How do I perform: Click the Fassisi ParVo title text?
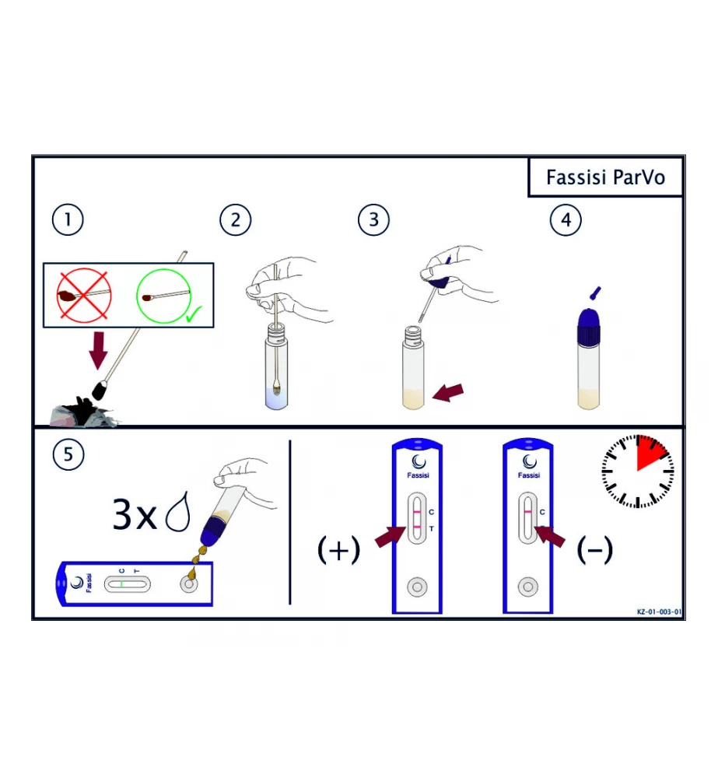click(x=605, y=177)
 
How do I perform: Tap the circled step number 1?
click(x=68, y=220)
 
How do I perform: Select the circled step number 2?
click(x=236, y=220)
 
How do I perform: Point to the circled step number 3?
click(x=373, y=220)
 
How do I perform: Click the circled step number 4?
click(x=566, y=220)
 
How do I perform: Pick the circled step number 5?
click(x=68, y=454)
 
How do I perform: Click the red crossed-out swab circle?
click(x=83, y=296)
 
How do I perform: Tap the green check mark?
click(x=194, y=314)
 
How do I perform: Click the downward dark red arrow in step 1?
click(x=98, y=351)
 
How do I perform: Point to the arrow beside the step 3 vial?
click(x=448, y=392)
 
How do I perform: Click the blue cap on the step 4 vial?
click(x=589, y=327)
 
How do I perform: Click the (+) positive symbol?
click(x=339, y=550)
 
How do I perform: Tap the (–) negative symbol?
click(x=595, y=550)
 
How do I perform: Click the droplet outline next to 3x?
click(x=178, y=512)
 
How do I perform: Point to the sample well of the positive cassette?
click(x=417, y=587)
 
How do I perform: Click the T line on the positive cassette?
click(x=417, y=527)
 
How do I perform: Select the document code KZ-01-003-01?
click(x=659, y=612)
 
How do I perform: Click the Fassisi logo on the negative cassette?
click(x=529, y=466)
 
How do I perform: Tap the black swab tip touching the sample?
click(x=100, y=390)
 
